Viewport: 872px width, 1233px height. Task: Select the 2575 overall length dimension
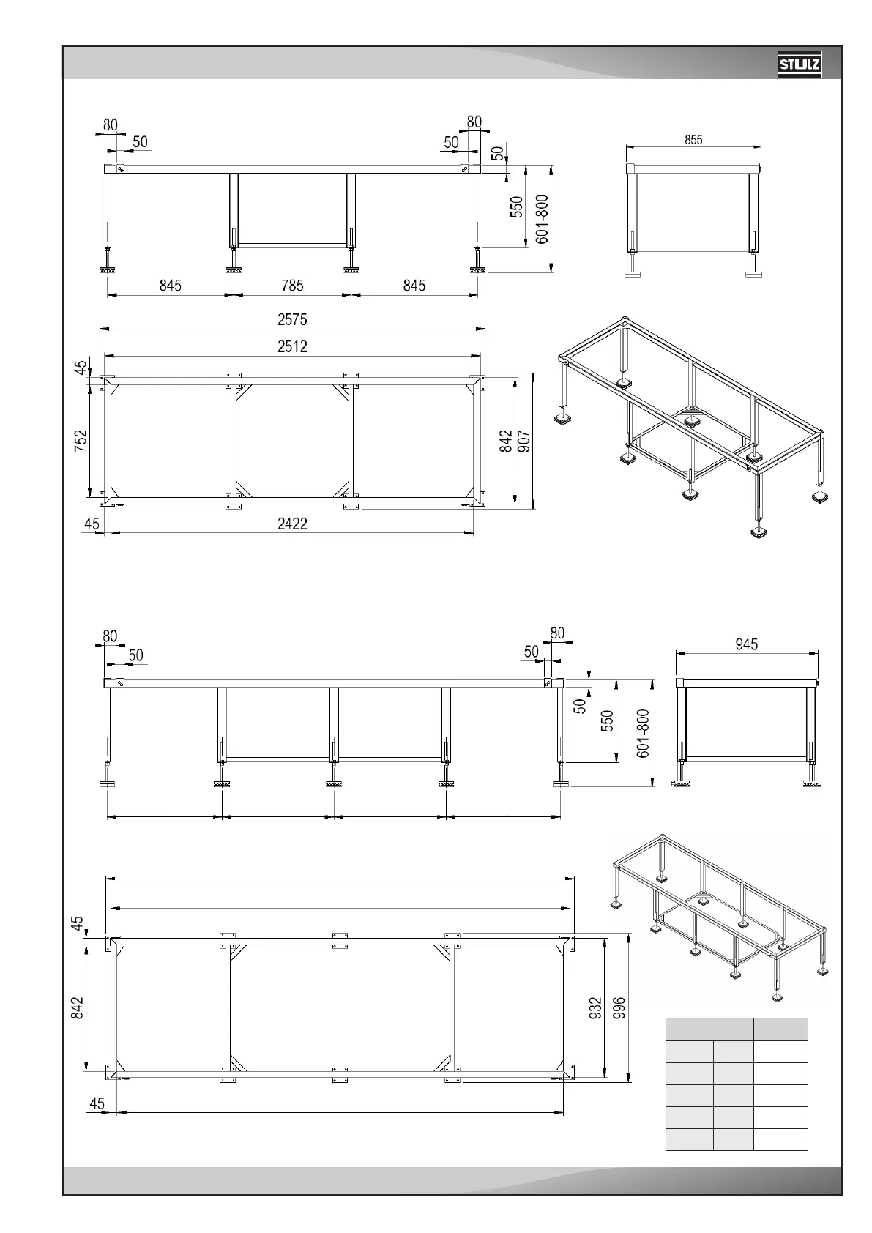click(292, 320)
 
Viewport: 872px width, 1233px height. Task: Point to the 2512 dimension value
click(292, 347)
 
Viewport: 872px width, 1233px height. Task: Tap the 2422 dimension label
click(292, 524)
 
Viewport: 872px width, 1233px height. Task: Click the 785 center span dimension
click(292, 286)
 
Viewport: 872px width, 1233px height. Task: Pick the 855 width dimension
click(693, 141)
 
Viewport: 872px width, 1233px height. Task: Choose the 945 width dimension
click(746, 644)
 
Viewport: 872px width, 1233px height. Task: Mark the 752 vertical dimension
click(81, 442)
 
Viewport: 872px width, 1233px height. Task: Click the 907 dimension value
click(524, 442)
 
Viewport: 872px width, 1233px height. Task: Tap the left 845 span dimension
click(170, 286)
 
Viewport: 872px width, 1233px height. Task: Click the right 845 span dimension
click(414, 286)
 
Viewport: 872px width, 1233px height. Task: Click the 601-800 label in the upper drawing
click(542, 220)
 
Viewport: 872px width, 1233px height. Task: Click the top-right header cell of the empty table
click(780, 1029)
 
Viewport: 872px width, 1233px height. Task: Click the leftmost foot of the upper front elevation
click(108, 270)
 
